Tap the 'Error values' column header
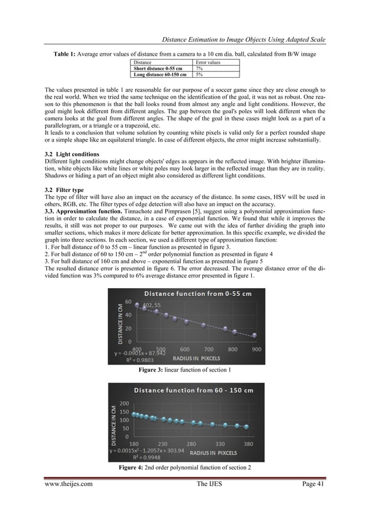click(x=208, y=62)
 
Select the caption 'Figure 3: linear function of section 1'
click(x=184, y=370)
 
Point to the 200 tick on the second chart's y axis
click(x=123, y=404)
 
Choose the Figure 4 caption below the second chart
click(x=184, y=467)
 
